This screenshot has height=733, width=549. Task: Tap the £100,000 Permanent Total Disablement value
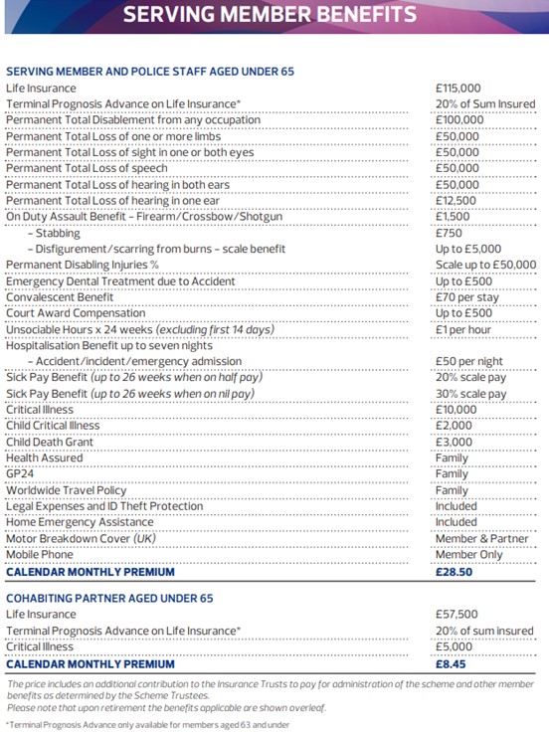tap(459, 120)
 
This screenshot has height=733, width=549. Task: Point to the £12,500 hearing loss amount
tap(457, 201)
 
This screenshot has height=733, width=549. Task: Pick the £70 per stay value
tap(468, 297)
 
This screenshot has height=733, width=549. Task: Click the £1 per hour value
tap(464, 329)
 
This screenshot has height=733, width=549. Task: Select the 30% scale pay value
tap(470, 394)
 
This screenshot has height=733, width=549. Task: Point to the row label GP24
tap(20, 474)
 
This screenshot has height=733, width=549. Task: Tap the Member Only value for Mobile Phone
tap(469, 555)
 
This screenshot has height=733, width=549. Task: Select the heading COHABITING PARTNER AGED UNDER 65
tap(109, 599)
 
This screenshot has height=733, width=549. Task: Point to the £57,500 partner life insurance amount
tap(457, 616)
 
